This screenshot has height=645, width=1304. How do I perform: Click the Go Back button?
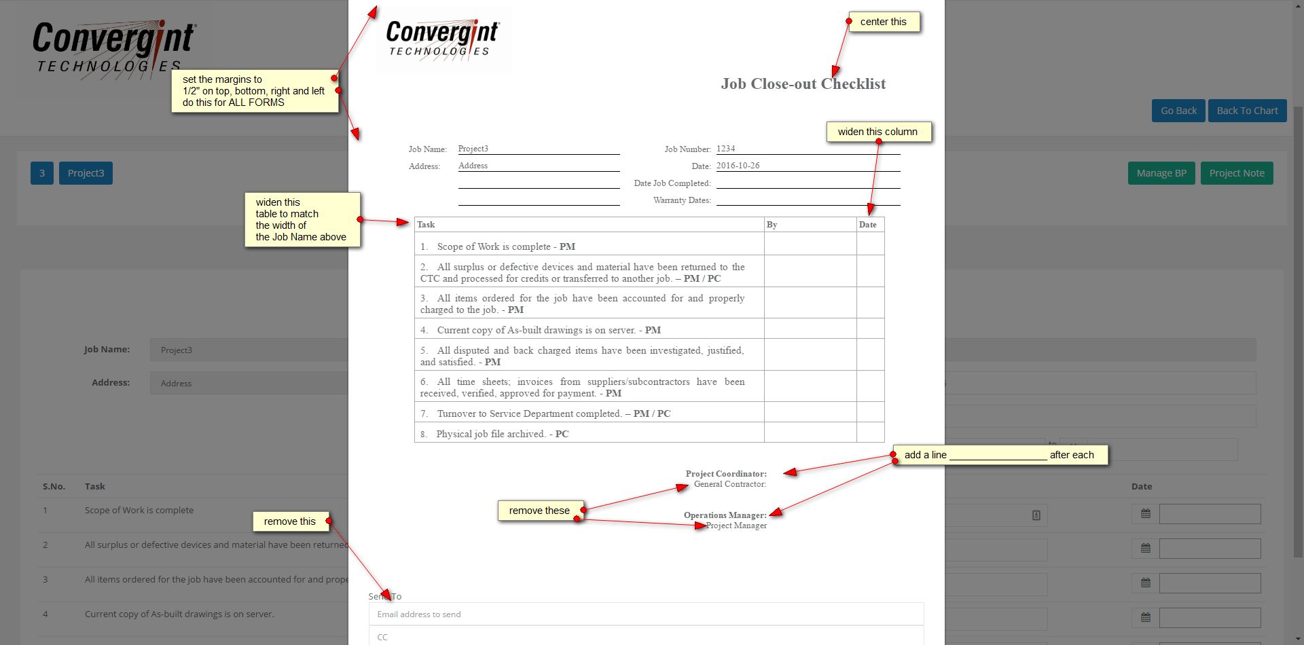(x=1178, y=111)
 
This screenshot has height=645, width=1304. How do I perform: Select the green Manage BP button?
(x=1161, y=173)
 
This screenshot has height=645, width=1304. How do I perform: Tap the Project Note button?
(x=1236, y=173)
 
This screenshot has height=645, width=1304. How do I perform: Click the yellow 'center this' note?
(x=883, y=22)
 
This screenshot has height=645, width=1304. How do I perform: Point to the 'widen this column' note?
(x=877, y=132)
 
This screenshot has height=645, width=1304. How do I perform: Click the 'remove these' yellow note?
(x=539, y=511)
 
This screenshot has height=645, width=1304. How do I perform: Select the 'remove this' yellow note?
(x=289, y=521)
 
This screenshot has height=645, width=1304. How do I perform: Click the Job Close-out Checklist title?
(x=803, y=84)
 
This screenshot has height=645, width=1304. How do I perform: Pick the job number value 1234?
(x=726, y=149)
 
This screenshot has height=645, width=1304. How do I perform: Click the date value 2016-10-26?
(x=738, y=166)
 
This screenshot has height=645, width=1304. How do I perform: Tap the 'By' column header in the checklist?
(x=772, y=225)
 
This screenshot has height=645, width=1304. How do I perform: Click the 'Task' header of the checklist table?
(x=426, y=225)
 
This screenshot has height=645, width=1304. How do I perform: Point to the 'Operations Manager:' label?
(x=725, y=515)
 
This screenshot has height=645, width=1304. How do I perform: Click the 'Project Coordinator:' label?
(x=725, y=474)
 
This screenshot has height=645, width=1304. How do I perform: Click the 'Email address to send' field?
(x=645, y=614)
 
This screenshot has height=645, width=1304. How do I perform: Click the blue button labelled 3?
(x=42, y=173)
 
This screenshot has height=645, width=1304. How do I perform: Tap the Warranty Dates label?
(x=681, y=200)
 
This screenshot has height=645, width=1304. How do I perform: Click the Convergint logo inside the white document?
(x=443, y=39)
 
